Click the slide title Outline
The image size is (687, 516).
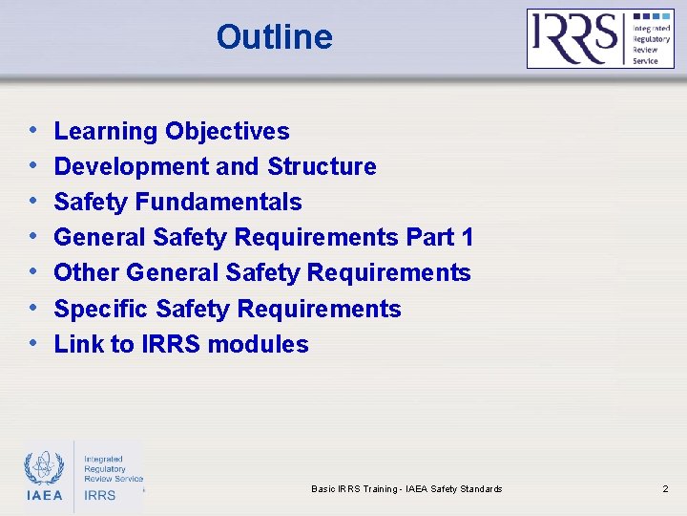coord(274,37)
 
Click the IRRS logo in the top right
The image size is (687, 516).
coord(600,38)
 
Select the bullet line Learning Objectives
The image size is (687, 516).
coord(172,131)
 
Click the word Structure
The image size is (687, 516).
coord(322,166)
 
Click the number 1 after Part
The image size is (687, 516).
coord(466,237)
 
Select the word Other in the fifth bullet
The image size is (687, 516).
coord(87,272)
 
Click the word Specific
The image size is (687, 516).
coord(101,309)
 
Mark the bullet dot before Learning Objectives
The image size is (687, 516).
coord(33,130)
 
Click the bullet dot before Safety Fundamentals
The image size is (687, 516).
coord(33,201)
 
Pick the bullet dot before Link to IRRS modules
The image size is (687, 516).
coord(33,343)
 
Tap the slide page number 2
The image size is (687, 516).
coord(665,489)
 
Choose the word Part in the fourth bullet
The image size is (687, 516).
coord(429,237)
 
